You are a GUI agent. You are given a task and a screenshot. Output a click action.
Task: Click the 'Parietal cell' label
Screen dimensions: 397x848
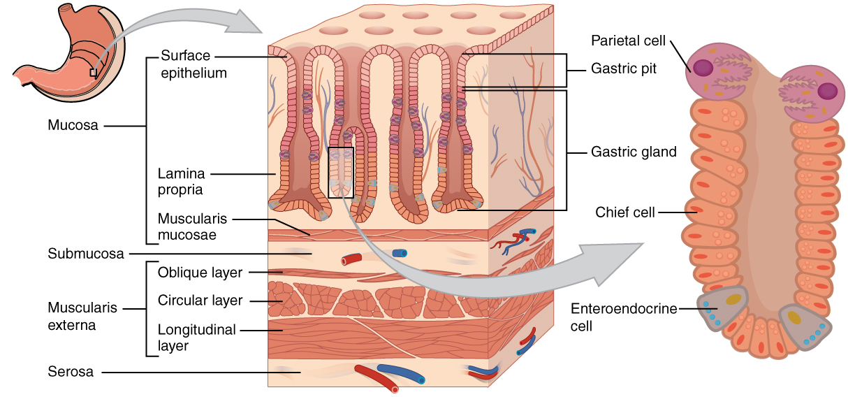coord(629,40)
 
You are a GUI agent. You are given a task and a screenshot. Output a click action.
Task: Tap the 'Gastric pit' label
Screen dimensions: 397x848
coord(624,69)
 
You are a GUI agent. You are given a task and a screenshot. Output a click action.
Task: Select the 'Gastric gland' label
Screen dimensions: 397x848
coord(634,152)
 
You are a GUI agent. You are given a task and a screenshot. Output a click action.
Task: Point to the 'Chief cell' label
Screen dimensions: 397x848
coord(625,212)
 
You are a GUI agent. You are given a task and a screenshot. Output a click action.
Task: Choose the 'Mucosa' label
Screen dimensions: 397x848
coord(73,126)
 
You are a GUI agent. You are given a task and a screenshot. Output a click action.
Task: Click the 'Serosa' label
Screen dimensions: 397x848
coord(71,372)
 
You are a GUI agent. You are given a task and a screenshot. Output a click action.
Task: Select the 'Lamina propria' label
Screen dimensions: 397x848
coord(180,180)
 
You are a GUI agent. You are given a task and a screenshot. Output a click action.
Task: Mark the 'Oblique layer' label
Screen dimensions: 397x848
coord(200,272)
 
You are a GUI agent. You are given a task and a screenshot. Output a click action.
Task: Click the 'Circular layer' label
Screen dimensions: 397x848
coord(200,301)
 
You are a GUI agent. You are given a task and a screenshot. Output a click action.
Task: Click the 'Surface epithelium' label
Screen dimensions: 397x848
coord(193,64)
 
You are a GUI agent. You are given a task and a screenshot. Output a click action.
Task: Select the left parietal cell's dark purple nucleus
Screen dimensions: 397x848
coord(702,68)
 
